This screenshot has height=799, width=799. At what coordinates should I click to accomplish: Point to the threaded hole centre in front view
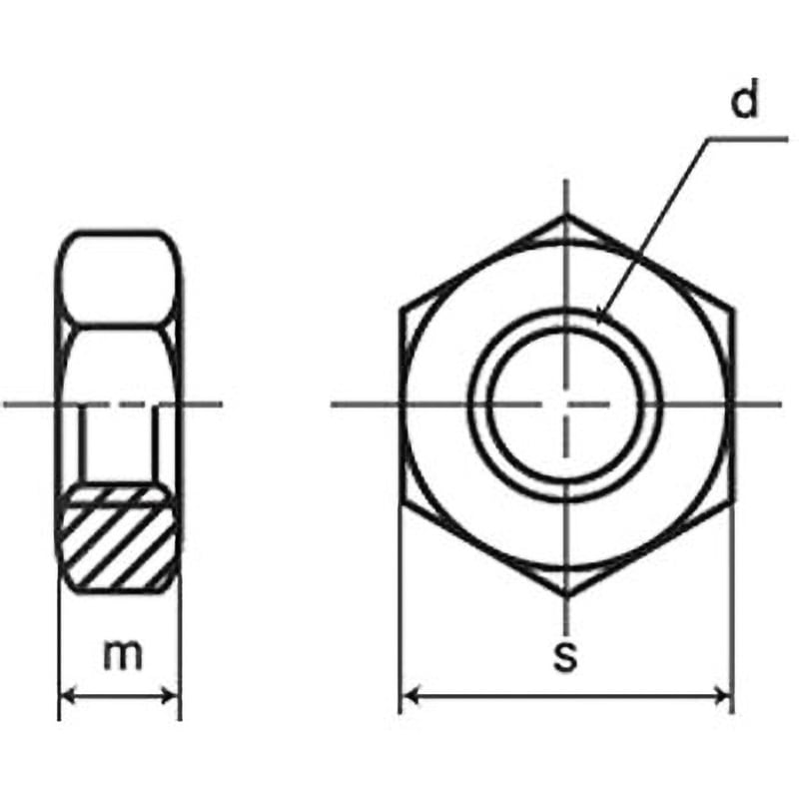pyautogui.click(x=566, y=403)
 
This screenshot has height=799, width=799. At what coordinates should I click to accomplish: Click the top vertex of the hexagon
pyautogui.click(x=566, y=214)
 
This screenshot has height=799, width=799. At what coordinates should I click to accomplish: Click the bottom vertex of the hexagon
pyautogui.click(x=566, y=596)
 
